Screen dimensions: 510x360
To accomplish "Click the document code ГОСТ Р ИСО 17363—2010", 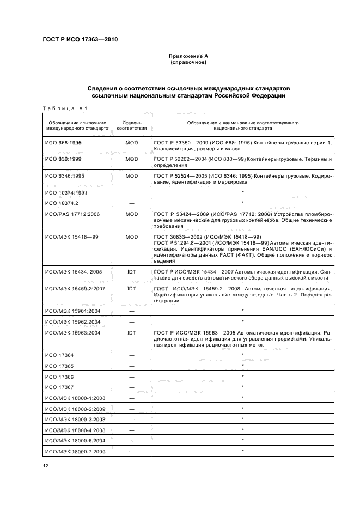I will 80,40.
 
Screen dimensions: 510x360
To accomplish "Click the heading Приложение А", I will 188,56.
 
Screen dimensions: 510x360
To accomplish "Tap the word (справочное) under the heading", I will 188,63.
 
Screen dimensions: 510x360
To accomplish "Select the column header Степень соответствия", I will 132,126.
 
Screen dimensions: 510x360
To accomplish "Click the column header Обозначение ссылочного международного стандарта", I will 77,126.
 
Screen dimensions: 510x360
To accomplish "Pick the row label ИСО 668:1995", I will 63,142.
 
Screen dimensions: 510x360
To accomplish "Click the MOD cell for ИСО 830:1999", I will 132,159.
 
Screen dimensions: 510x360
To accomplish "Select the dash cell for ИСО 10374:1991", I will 132,192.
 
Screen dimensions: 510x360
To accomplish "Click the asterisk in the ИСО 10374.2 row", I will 242,203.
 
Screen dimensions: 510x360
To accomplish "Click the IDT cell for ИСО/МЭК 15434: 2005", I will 132,271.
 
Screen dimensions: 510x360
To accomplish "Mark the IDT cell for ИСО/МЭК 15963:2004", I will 132,331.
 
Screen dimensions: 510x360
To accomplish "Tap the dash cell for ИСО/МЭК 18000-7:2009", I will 132,451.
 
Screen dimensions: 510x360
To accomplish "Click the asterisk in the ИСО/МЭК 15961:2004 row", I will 242,310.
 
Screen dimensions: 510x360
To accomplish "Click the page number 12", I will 46,465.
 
